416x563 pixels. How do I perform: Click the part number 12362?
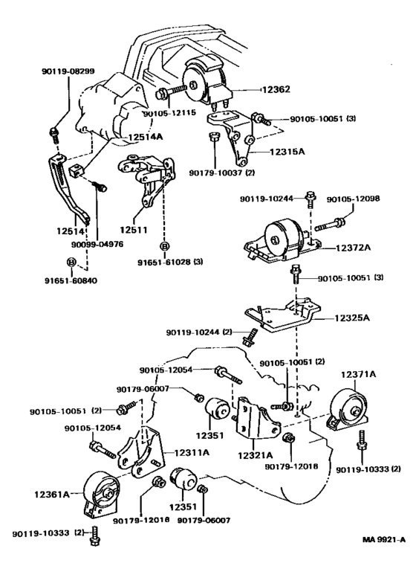tap(276, 89)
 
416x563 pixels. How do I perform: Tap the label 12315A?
tap(287, 152)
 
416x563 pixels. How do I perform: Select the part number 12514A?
tap(146, 137)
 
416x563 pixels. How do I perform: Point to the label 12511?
tap(134, 229)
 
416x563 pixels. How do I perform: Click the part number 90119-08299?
tap(68, 71)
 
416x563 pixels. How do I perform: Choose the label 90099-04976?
tap(97, 245)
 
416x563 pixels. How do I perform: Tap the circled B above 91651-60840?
tap(71, 262)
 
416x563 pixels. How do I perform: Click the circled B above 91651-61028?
tap(164, 247)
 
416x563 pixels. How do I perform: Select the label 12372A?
tap(353, 248)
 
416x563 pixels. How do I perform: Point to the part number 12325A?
tap(352, 318)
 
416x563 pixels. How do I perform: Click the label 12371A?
tap(358, 375)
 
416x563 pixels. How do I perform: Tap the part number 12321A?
tap(256, 456)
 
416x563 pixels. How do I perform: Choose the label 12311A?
tap(192, 453)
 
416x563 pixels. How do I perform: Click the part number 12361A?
tap(52, 495)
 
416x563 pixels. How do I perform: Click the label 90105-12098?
tap(353, 199)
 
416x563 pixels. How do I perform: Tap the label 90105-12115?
tap(169, 113)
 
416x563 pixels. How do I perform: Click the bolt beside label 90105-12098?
tap(330, 225)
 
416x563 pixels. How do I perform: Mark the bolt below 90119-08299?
tap(53, 134)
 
